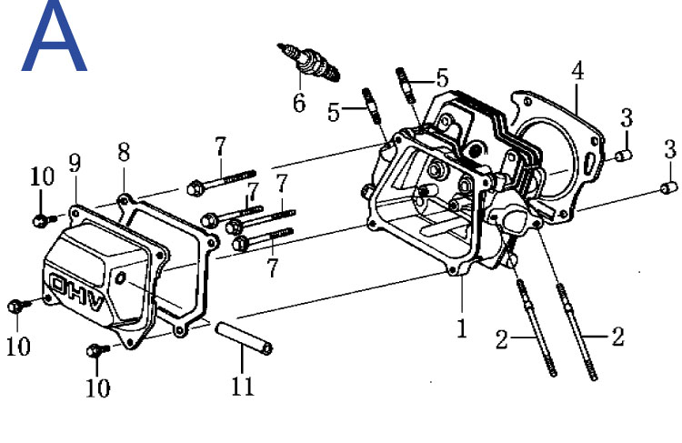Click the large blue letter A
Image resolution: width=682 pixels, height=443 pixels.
55,37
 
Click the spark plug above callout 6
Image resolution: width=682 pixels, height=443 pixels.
308,61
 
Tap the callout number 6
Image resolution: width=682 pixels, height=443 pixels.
299,103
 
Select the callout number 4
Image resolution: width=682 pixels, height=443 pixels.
577,71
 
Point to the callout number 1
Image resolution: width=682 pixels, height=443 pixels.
461,327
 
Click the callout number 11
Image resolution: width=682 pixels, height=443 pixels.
242,386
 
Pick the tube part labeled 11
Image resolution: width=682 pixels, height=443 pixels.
244,337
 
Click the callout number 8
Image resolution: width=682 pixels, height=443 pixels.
124,152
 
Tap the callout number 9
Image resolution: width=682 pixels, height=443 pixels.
75,163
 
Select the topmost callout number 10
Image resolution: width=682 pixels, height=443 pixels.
43,176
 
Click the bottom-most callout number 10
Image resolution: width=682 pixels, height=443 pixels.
98,388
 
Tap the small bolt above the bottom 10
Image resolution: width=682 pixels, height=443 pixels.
98,350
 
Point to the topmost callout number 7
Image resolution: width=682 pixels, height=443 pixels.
221,146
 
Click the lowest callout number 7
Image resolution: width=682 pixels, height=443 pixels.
272,267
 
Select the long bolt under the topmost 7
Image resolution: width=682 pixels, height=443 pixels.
221,181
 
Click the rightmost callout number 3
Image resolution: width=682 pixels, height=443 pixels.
670,149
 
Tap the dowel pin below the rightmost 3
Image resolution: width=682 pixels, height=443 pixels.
669,187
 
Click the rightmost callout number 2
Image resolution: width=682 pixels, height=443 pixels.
617,337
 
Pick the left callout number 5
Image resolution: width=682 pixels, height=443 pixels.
333,112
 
